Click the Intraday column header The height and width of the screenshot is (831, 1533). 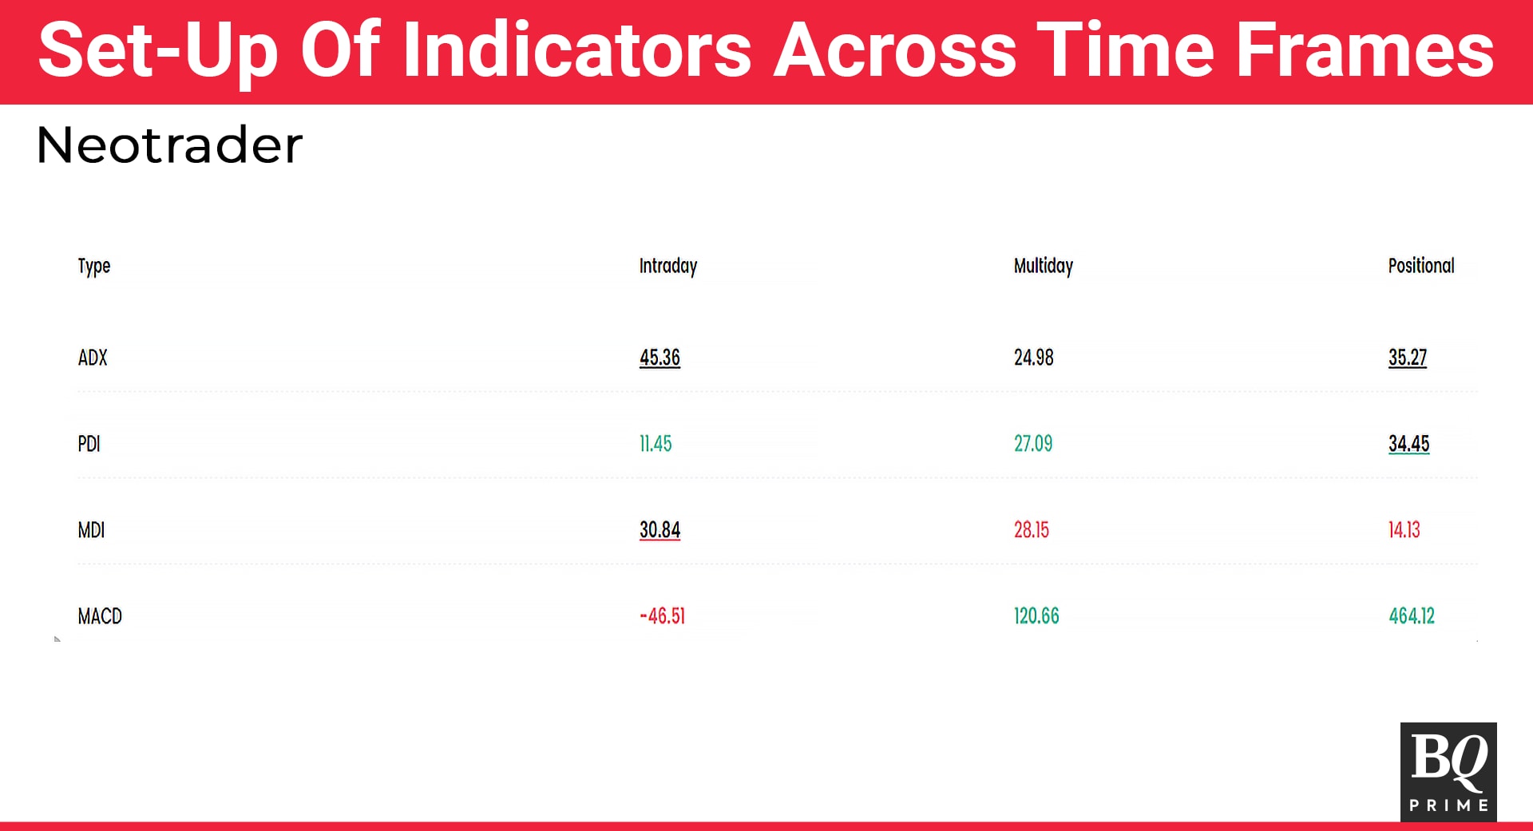pos(668,267)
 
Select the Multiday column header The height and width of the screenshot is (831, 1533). pos(1044,267)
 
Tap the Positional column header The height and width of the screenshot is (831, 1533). pos(1421,266)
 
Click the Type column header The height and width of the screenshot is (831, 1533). pos(94,267)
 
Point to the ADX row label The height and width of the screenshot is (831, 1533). pos(93,358)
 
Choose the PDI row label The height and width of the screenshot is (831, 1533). pos(89,444)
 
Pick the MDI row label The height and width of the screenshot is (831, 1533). pos(91,530)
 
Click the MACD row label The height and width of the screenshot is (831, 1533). pos(100,616)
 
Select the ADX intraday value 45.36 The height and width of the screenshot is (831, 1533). pos(660,358)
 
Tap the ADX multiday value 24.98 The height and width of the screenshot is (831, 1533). pos(1034,358)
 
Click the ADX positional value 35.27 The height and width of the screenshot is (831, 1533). pos(1408,358)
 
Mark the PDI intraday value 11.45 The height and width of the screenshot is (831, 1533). pos(656,444)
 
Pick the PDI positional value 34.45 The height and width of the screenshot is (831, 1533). pos(1409,444)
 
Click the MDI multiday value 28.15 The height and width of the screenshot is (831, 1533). pos(1032,530)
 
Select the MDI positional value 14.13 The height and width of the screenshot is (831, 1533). pos(1404,530)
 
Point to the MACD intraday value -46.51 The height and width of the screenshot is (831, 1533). pos(663,616)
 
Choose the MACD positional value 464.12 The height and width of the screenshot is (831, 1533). pos(1412,616)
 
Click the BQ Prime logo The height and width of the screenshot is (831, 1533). pos(1448,772)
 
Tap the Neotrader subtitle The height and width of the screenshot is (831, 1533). pos(169,145)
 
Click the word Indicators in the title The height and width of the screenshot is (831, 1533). pos(577,49)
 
